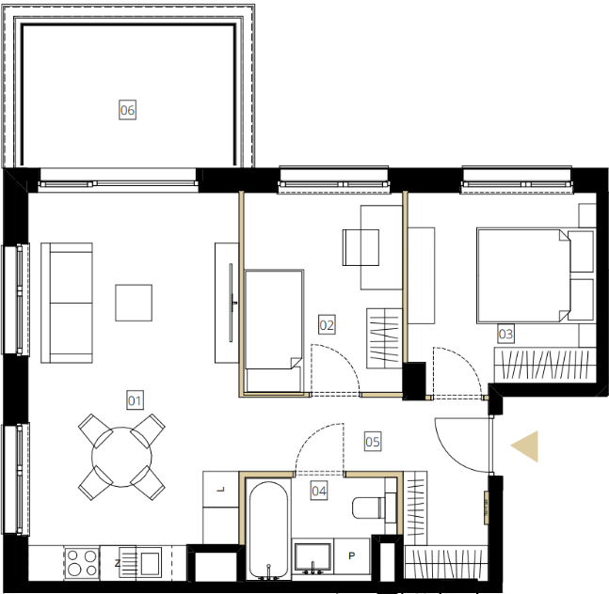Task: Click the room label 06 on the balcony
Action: pyautogui.click(x=127, y=110)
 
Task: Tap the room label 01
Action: pyautogui.click(x=136, y=400)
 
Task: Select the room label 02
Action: pyautogui.click(x=327, y=325)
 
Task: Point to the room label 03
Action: pyautogui.click(x=505, y=334)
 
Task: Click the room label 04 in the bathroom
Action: pyautogui.click(x=319, y=491)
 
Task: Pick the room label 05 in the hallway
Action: pyautogui.click(x=373, y=442)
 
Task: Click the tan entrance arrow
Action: pyautogui.click(x=524, y=446)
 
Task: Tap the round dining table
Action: pyautogui.click(x=121, y=457)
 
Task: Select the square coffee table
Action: pyautogui.click(x=134, y=303)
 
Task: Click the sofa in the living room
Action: pyautogui.click(x=67, y=303)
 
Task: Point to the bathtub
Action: pyautogui.click(x=268, y=530)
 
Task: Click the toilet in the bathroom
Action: pyautogui.click(x=369, y=508)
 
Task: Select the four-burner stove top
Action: pyautogui.click(x=82, y=563)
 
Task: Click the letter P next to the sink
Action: pyautogui.click(x=352, y=556)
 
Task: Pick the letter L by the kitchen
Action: pyautogui.click(x=220, y=490)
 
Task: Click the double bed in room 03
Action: pyautogui.click(x=536, y=275)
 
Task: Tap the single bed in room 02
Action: pyautogui.click(x=274, y=331)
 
